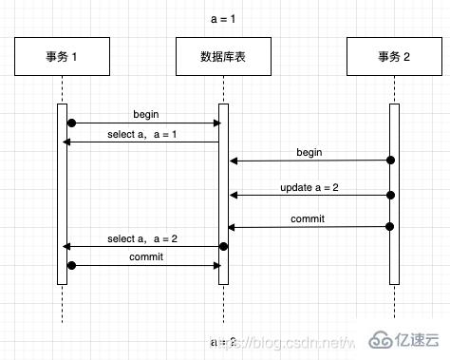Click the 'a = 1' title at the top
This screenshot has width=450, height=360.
(224, 19)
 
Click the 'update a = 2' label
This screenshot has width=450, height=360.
(309, 186)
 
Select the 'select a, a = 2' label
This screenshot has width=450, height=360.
(142, 237)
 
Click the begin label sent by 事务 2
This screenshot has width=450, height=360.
(309, 151)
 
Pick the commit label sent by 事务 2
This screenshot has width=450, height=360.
(309, 218)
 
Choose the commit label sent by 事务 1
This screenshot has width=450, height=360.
(145, 256)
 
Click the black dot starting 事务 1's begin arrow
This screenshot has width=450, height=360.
(70, 123)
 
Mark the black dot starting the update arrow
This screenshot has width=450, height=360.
(390, 195)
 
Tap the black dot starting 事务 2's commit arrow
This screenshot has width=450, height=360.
(390, 227)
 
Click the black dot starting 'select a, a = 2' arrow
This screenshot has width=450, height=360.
(224, 246)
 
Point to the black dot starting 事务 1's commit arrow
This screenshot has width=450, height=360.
(70, 265)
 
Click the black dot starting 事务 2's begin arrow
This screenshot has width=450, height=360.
(390, 161)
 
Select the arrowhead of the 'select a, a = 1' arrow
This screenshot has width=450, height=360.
(66, 142)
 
